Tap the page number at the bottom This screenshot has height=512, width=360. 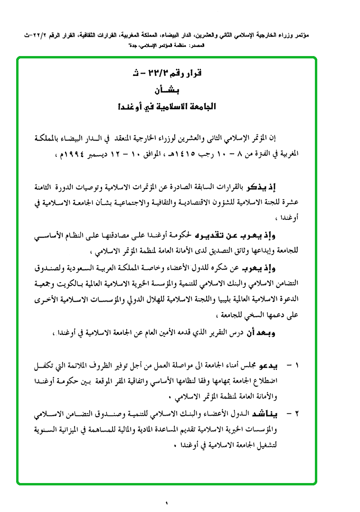click(167, 503)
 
